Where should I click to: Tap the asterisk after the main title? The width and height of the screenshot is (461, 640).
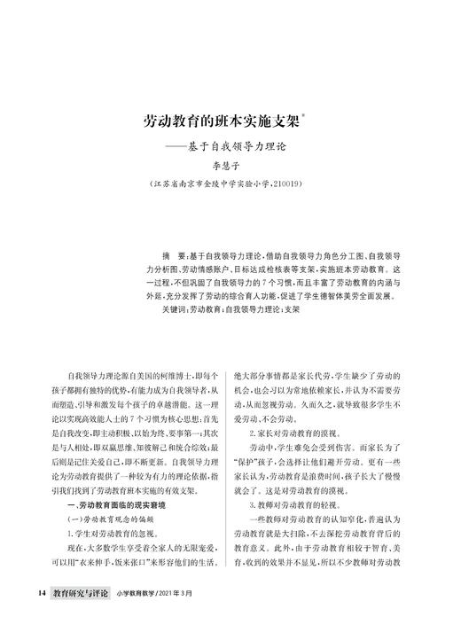(x=304, y=113)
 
